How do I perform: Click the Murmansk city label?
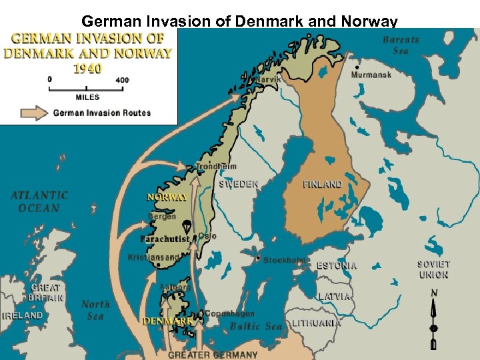(x=371, y=75)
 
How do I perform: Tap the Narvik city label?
(x=269, y=79)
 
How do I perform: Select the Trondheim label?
(x=216, y=166)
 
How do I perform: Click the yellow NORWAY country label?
(x=167, y=197)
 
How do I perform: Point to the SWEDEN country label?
(x=239, y=183)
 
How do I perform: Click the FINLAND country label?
(x=322, y=184)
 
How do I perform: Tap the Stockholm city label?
(x=284, y=260)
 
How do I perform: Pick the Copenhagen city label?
(x=229, y=313)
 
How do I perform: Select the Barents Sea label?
(x=401, y=45)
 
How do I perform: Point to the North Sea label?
(x=95, y=310)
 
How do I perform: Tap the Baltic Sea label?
(x=256, y=327)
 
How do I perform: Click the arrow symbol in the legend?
(x=33, y=113)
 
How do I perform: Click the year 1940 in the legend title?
(x=87, y=68)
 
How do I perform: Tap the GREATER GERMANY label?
(x=212, y=355)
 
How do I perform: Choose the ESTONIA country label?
(x=336, y=265)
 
